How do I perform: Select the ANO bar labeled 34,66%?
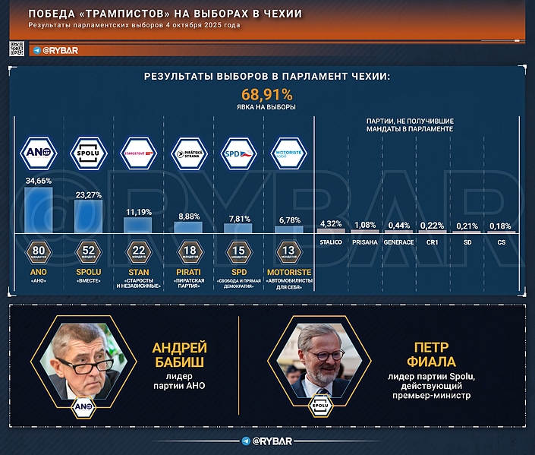(38, 210)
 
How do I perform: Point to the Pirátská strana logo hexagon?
(188, 153)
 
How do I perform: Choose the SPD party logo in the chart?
(238, 153)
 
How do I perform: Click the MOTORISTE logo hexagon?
(288, 153)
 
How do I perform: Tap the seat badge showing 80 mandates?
(38, 253)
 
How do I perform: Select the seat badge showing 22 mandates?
(138, 253)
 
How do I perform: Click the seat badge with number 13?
(288, 253)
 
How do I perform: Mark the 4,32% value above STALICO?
(332, 223)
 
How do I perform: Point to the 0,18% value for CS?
(501, 226)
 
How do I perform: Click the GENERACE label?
(398, 242)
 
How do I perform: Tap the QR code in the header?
(17, 49)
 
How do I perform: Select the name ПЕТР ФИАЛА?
(430, 355)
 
